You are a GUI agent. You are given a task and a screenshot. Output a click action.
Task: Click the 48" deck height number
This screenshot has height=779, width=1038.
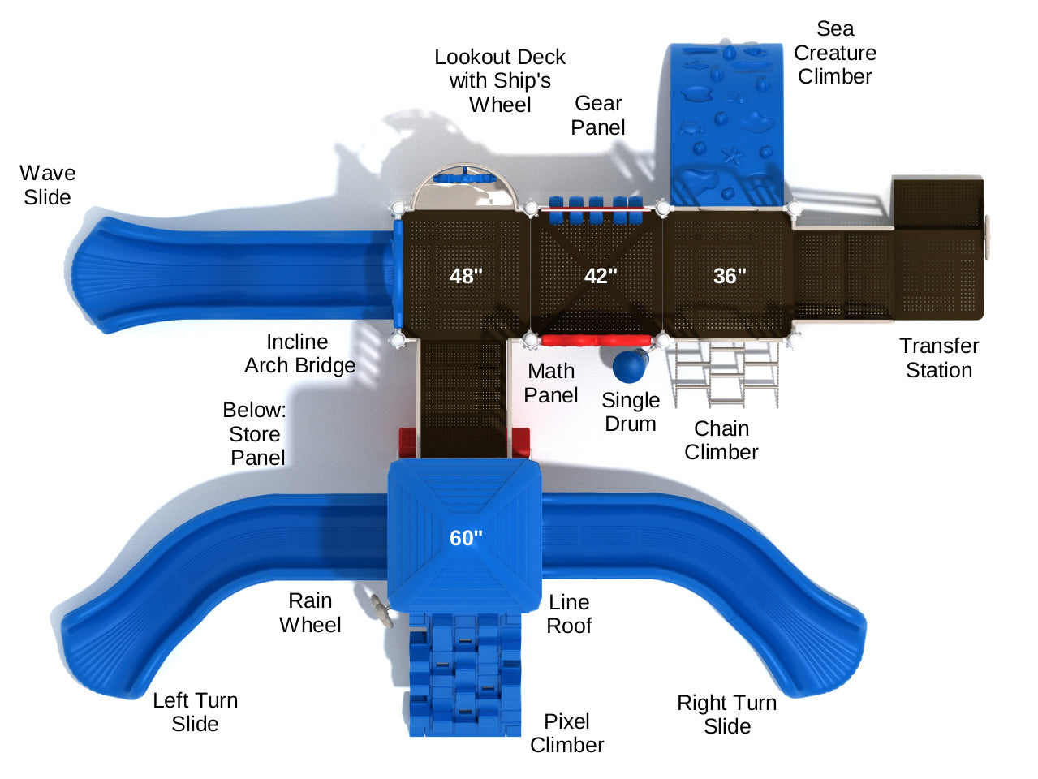(x=466, y=276)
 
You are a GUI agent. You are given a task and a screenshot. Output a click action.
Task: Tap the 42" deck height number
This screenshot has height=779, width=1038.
(x=601, y=276)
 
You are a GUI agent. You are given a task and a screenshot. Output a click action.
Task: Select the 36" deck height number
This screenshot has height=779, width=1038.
(x=730, y=276)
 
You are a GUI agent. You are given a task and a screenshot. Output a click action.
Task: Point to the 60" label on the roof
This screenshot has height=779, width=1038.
(x=466, y=537)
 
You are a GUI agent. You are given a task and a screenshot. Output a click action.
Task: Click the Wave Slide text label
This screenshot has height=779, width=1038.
(x=47, y=185)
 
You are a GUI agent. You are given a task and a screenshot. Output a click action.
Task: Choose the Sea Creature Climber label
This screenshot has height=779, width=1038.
(x=834, y=53)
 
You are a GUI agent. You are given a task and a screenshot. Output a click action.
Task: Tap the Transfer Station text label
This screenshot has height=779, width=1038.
(x=939, y=358)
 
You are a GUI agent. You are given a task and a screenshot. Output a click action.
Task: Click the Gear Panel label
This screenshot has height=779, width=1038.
(x=598, y=115)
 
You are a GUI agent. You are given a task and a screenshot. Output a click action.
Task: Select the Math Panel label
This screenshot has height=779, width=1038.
(x=551, y=383)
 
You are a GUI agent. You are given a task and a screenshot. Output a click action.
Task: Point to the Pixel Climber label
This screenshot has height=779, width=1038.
(x=566, y=733)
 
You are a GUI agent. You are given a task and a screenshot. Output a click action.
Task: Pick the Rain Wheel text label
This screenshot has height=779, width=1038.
(x=310, y=613)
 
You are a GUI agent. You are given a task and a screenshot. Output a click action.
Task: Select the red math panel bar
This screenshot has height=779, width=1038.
(x=596, y=340)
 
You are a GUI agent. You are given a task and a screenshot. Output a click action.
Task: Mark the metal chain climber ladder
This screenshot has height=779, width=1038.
(x=724, y=373)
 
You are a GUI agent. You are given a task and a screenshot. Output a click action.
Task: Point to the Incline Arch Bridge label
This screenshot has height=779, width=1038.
(x=299, y=354)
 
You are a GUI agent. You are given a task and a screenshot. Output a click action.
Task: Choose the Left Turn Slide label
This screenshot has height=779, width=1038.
(x=195, y=712)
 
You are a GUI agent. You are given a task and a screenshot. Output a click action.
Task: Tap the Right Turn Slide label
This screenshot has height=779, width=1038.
(x=726, y=714)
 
